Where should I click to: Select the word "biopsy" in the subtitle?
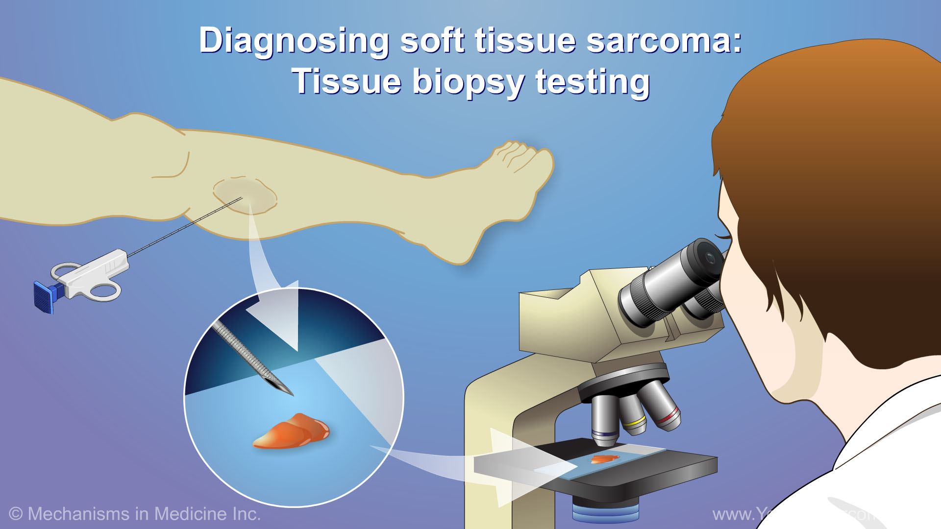point(468,82)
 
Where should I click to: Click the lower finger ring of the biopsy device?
point(105,291)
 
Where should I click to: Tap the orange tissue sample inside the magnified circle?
point(292,431)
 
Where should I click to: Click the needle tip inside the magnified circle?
point(289,392)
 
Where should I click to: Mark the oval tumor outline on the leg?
point(245,196)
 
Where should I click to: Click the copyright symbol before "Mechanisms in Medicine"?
point(16,514)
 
